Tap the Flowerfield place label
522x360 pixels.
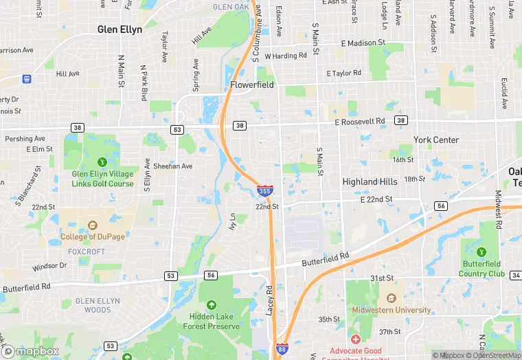252,85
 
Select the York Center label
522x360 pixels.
435,139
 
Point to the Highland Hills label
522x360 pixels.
370,181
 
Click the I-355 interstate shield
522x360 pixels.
264,190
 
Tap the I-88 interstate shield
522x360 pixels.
281,350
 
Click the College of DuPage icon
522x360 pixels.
92,225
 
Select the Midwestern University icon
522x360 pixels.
391,298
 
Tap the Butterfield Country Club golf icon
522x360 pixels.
481,252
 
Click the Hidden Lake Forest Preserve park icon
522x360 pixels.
210,305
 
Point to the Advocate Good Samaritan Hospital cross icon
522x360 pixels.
355,339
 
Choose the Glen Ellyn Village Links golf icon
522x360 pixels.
102,162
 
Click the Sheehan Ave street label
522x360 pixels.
173,166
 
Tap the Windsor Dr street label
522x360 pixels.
49,265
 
